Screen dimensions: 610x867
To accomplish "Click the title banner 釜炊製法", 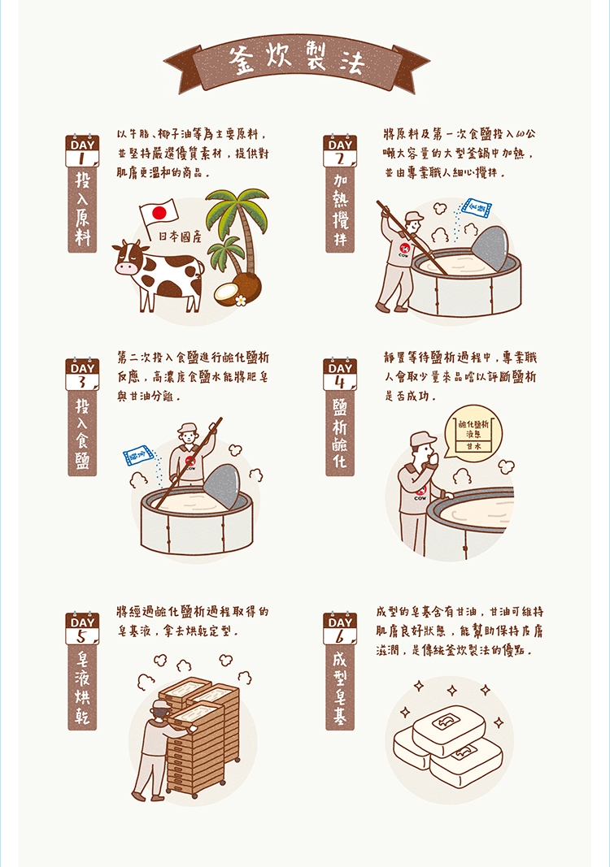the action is point(297,62).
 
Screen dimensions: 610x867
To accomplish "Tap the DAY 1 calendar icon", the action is point(82,150).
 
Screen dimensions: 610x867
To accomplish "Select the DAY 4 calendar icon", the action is point(340,374).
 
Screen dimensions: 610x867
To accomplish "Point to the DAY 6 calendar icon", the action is point(340,628).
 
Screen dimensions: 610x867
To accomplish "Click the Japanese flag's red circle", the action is point(159,212).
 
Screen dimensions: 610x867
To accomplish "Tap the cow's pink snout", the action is point(124,268).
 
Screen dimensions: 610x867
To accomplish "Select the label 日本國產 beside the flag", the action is point(181,236).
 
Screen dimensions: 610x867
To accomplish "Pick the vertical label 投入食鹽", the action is point(82,436).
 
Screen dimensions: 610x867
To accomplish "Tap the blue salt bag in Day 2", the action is point(477,208).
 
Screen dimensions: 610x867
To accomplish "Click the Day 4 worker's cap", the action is point(424,439).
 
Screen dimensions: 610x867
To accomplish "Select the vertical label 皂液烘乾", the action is point(82,688).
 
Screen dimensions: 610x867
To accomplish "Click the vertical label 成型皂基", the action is point(340,688).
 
